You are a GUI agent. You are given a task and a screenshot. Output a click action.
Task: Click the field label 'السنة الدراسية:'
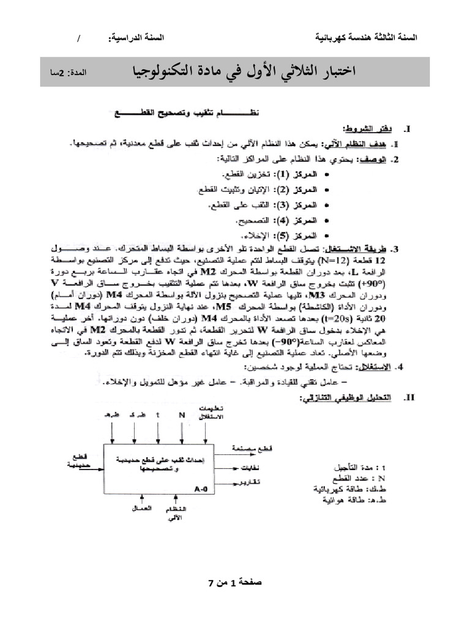(x=143, y=38)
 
